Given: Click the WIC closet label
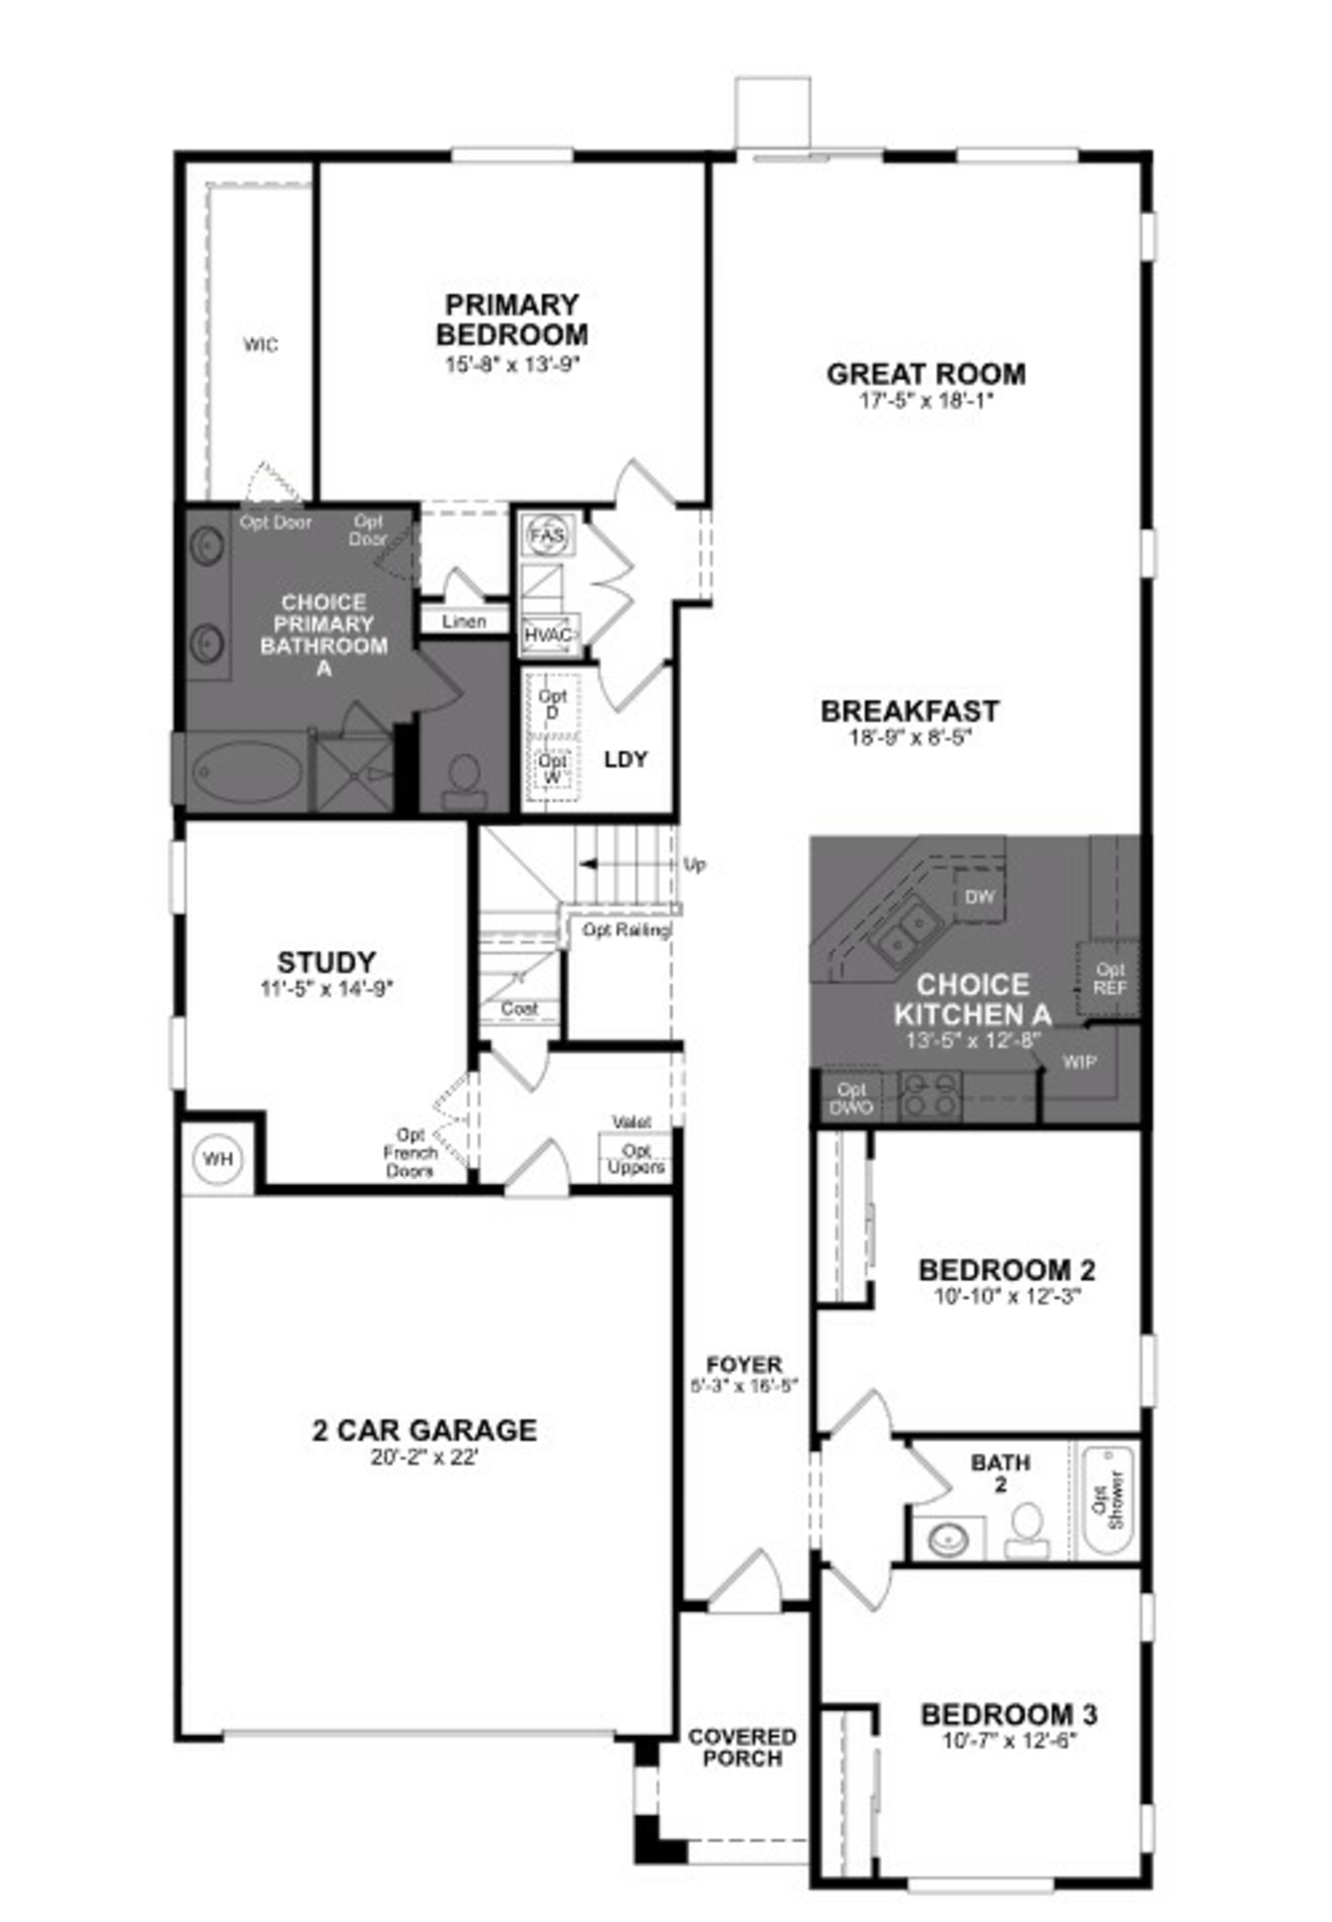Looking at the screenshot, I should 261,345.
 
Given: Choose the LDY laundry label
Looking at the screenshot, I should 626,759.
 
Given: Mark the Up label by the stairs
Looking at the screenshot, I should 694,865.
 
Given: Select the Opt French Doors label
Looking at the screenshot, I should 411,1153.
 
